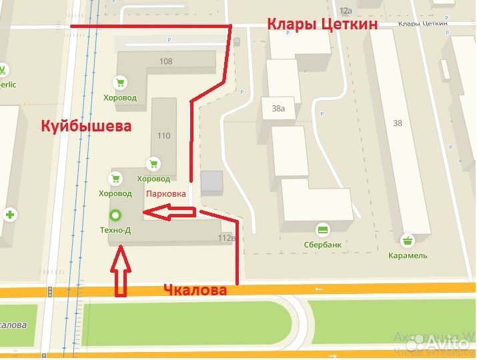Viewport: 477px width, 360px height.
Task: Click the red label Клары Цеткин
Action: (322, 25)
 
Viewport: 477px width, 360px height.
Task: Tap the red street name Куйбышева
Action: (86, 125)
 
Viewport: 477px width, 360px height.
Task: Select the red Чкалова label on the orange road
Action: (195, 290)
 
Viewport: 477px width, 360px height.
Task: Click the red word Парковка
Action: (165, 193)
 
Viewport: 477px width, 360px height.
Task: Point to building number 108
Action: (165, 61)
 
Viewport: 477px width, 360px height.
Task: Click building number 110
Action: (163, 135)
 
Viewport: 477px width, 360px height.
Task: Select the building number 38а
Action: (278, 108)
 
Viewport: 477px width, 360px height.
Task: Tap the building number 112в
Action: (227, 238)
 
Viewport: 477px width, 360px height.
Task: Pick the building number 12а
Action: (345, 11)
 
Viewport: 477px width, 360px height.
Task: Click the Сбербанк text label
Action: (322, 245)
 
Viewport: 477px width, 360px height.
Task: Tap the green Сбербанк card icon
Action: (323, 230)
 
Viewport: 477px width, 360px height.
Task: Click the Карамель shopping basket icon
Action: (408, 240)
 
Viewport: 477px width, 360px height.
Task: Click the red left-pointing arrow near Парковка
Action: (170, 213)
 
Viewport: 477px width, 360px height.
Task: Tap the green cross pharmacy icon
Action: (10, 215)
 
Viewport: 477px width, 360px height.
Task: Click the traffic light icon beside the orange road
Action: (51, 291)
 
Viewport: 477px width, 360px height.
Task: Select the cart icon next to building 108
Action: (119, 83)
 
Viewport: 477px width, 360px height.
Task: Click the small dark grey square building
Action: (211, 183)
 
